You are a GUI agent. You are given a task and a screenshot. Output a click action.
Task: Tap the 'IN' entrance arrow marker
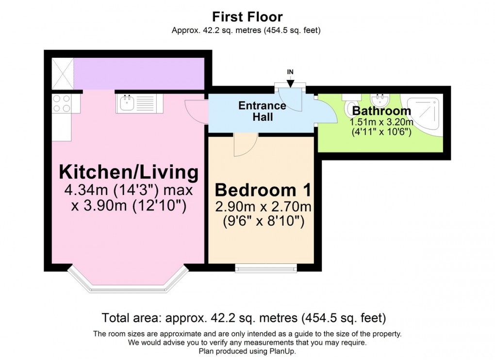290,80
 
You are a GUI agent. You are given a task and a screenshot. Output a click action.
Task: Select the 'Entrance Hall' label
262,111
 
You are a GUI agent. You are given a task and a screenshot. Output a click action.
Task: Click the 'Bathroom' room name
381,111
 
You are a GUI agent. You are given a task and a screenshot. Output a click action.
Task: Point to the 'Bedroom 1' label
263,190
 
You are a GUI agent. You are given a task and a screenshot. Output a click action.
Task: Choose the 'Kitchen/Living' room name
129,172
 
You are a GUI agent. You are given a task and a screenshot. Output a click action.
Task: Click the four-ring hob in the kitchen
61,103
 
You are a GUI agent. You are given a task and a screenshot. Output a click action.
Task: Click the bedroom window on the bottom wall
266,267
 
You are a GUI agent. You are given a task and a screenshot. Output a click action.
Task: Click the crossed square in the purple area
62,74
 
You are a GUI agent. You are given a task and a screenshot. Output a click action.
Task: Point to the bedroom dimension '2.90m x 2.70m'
263,207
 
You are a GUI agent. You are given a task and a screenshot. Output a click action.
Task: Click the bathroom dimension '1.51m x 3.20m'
381,122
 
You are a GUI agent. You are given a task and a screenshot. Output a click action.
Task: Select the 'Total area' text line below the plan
244,318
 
